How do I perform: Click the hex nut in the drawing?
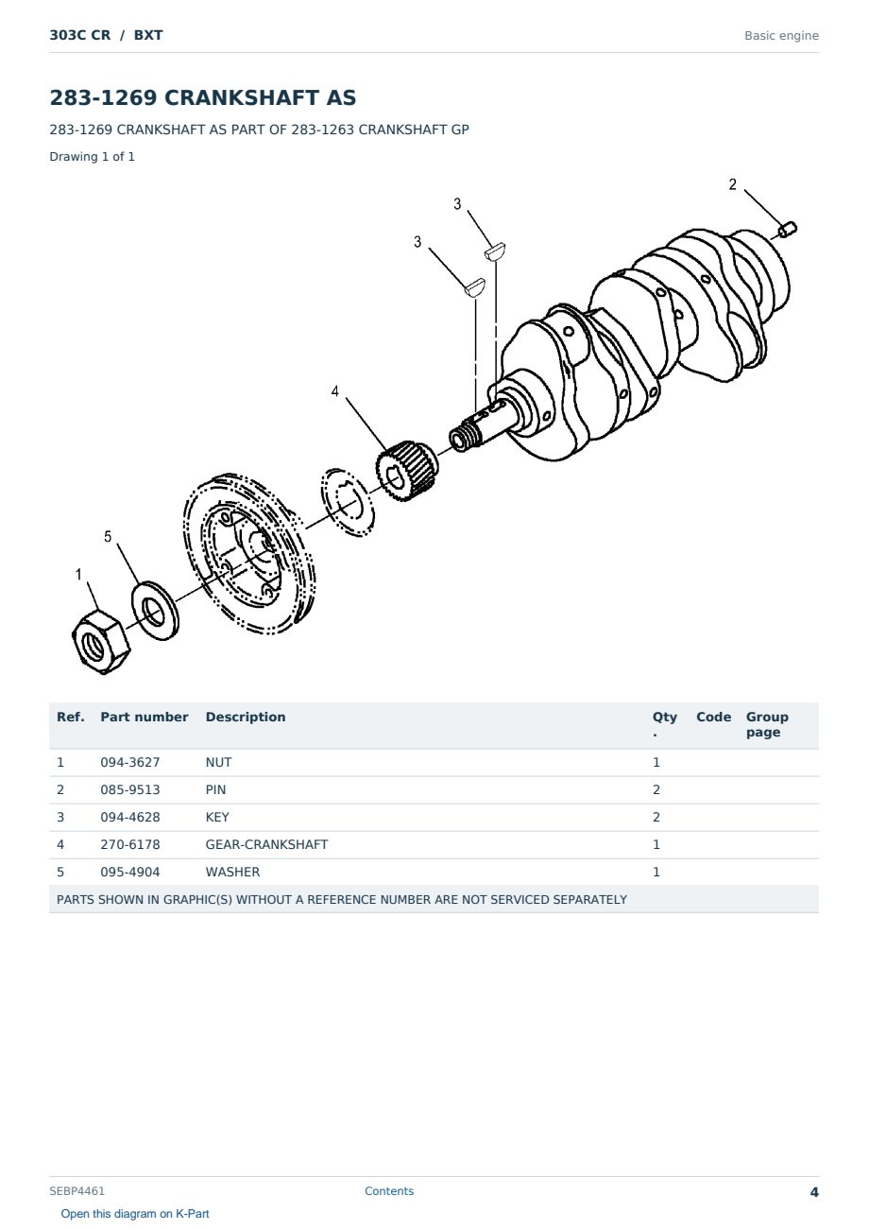pos(101,642)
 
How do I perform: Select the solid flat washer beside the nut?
pos(155,611)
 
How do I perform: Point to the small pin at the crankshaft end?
pos(788,230)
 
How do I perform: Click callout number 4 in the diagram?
pos(335,391)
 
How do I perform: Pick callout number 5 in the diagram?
pos(108,537)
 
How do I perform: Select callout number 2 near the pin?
pos(732,184)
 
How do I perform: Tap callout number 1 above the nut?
pos(78,574)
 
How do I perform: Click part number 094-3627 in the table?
pos(130,763)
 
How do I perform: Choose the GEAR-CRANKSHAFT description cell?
pos(266,845)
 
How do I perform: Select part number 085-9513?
pos(130,790)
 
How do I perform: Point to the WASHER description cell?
pos(232,873)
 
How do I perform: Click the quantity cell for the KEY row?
pos(656,818)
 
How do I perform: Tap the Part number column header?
pos(145,718)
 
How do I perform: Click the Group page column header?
pos(767,724)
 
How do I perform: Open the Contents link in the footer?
pos(389,1191)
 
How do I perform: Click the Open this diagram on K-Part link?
pos(135,1214)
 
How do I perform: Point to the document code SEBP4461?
pos(77,1191)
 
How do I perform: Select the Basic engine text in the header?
pos(781,36)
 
